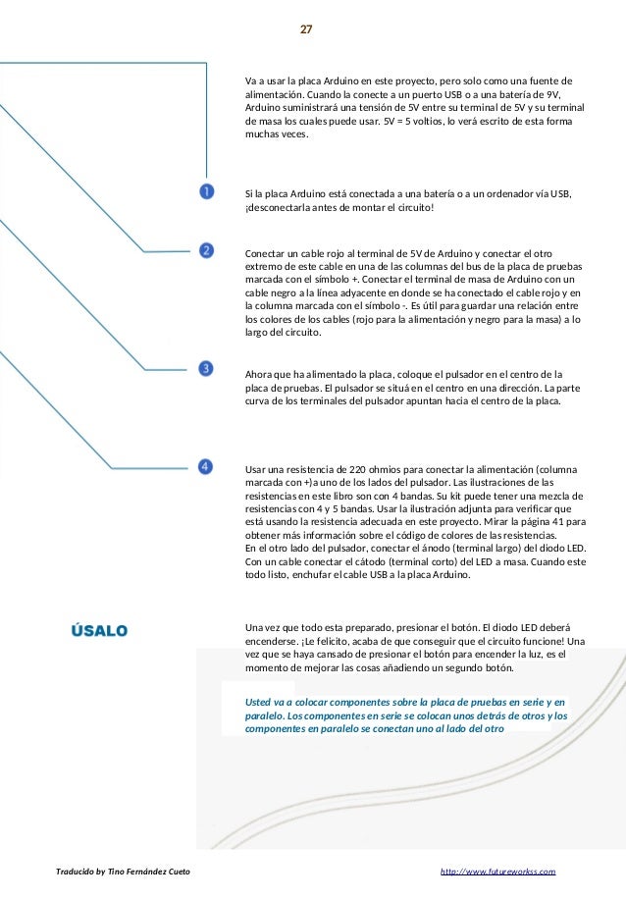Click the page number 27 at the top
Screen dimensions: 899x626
click(x=306, y=29)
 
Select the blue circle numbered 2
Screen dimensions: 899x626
click(x=206, y=250)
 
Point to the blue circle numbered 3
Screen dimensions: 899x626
click(x=206, y=368)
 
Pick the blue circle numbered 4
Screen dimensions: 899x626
click(x=206, y=467)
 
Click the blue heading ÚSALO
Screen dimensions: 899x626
click(x=99, y=630)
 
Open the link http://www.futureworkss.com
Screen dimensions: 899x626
click(x=498, y=871)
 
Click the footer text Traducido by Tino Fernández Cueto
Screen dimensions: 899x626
click(x=123, y=871)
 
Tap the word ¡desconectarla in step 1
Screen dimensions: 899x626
click(x=277, y=208)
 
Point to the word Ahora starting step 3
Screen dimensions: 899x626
click(x=260, y=374)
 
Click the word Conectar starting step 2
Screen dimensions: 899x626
click(x=266, y=252)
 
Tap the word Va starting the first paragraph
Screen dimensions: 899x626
click(x=251, y=79)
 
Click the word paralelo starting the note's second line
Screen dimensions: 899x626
click(x=265, y=716)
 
